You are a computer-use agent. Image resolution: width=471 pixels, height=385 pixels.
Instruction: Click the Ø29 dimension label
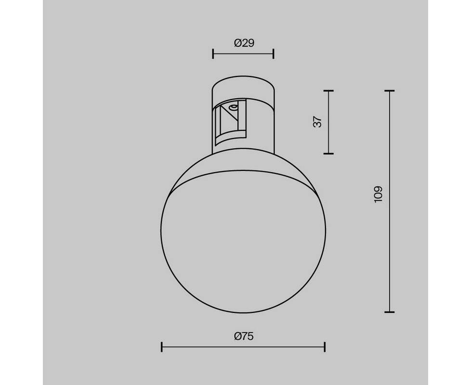[244, 43]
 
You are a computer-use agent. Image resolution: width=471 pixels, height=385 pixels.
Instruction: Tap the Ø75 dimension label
[244, 336]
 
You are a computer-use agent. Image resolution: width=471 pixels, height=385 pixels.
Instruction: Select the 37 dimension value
[318, 122]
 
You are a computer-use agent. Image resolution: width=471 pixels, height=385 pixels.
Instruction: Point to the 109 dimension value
[378, 194]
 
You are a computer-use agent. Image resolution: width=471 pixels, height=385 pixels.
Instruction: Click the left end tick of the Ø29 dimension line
[213, 54]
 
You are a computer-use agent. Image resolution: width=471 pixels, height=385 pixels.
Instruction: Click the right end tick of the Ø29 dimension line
[274, 54]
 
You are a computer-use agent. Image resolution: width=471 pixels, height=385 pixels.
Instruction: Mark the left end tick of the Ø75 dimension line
[162, 347]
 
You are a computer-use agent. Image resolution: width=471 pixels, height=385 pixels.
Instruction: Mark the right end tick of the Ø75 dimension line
[325, 347]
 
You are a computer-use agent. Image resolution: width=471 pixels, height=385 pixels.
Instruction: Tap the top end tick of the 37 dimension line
[328, 90]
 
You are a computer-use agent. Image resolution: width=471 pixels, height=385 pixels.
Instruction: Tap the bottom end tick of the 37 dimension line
[328, 154]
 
